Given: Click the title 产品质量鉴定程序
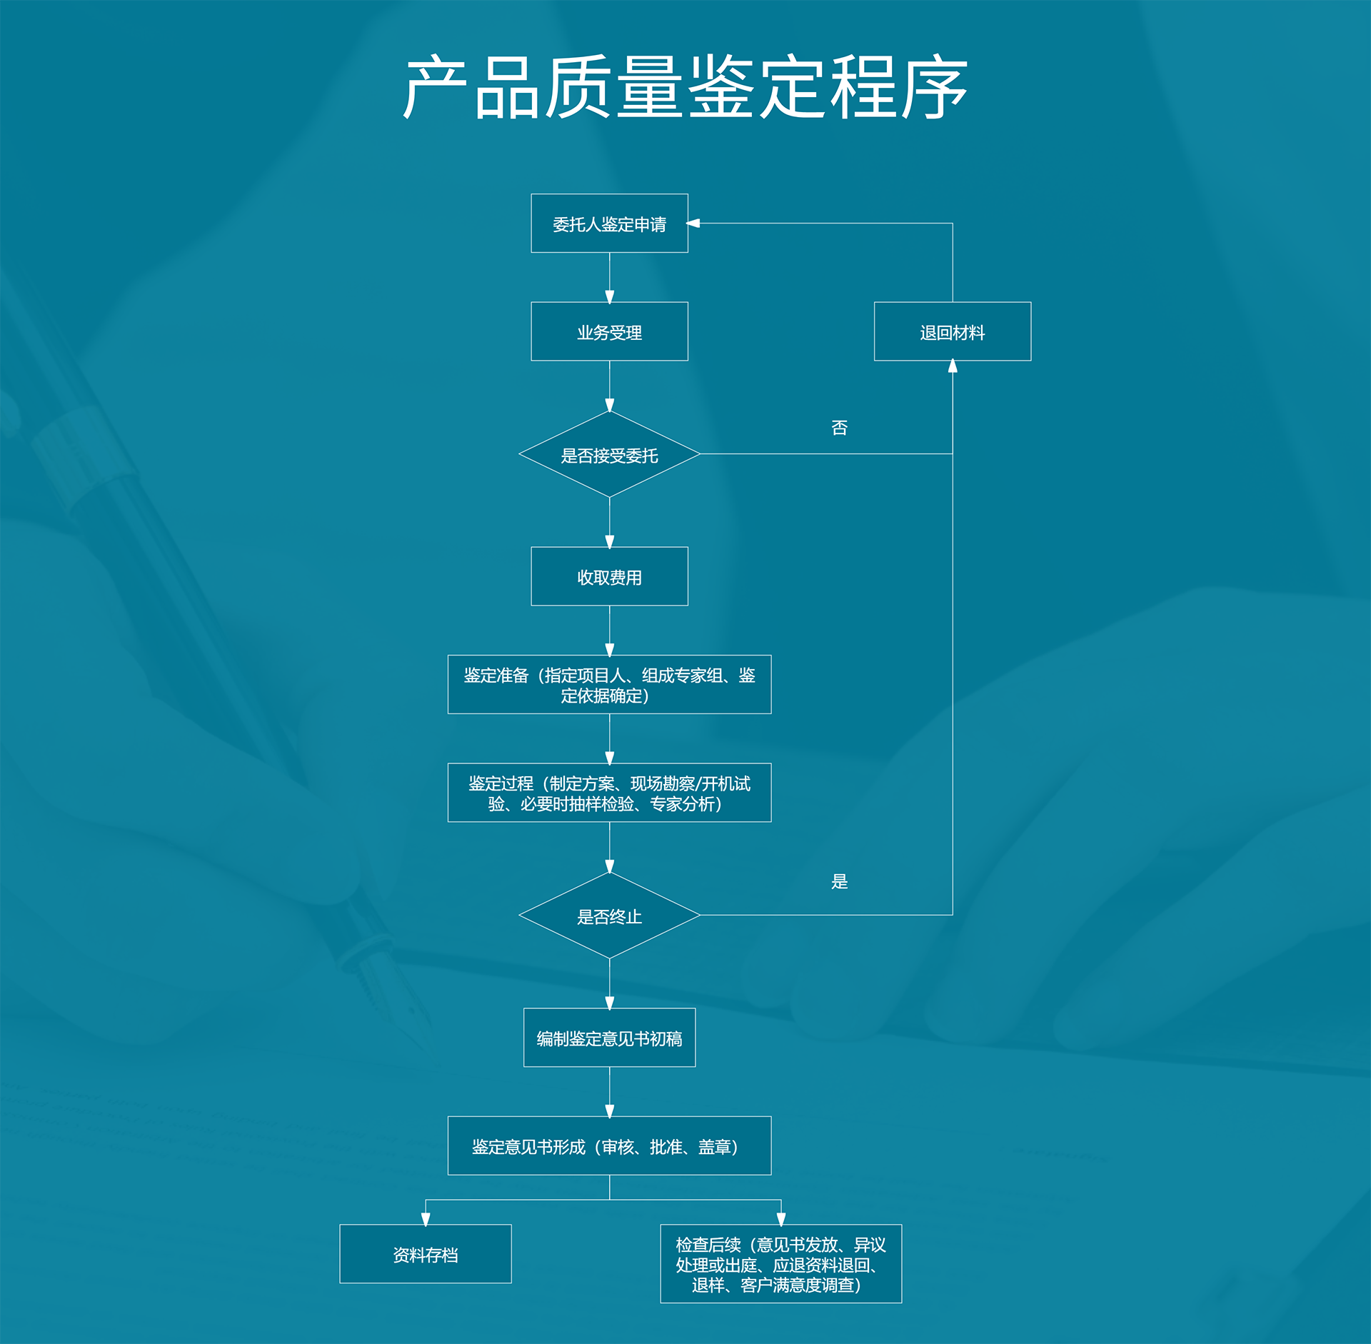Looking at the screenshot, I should point(685,87).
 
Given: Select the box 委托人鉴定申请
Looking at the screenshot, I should point(609,224).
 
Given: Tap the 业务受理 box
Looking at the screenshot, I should point(609,331).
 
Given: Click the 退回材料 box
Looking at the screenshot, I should point(952,331).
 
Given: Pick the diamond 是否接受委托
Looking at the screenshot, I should point(609,454).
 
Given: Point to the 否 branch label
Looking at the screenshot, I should point(839,428).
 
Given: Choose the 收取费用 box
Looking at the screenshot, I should point(609,576).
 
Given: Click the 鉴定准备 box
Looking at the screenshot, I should point(609,684).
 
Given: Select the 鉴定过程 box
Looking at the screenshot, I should point(609,793).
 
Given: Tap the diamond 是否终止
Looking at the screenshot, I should point(609,916).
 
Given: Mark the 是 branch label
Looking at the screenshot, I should point(839,881).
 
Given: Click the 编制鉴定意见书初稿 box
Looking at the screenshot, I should point(609,1038).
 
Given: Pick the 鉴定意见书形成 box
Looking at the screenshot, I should point(609,1145).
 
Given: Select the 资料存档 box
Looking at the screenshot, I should point(425,1254).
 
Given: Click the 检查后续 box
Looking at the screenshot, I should point(780,1264).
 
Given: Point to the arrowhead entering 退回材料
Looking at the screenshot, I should point(952,366).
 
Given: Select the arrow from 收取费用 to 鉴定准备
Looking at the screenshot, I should point(609,630).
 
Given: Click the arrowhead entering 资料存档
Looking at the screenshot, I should point(425,1219).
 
